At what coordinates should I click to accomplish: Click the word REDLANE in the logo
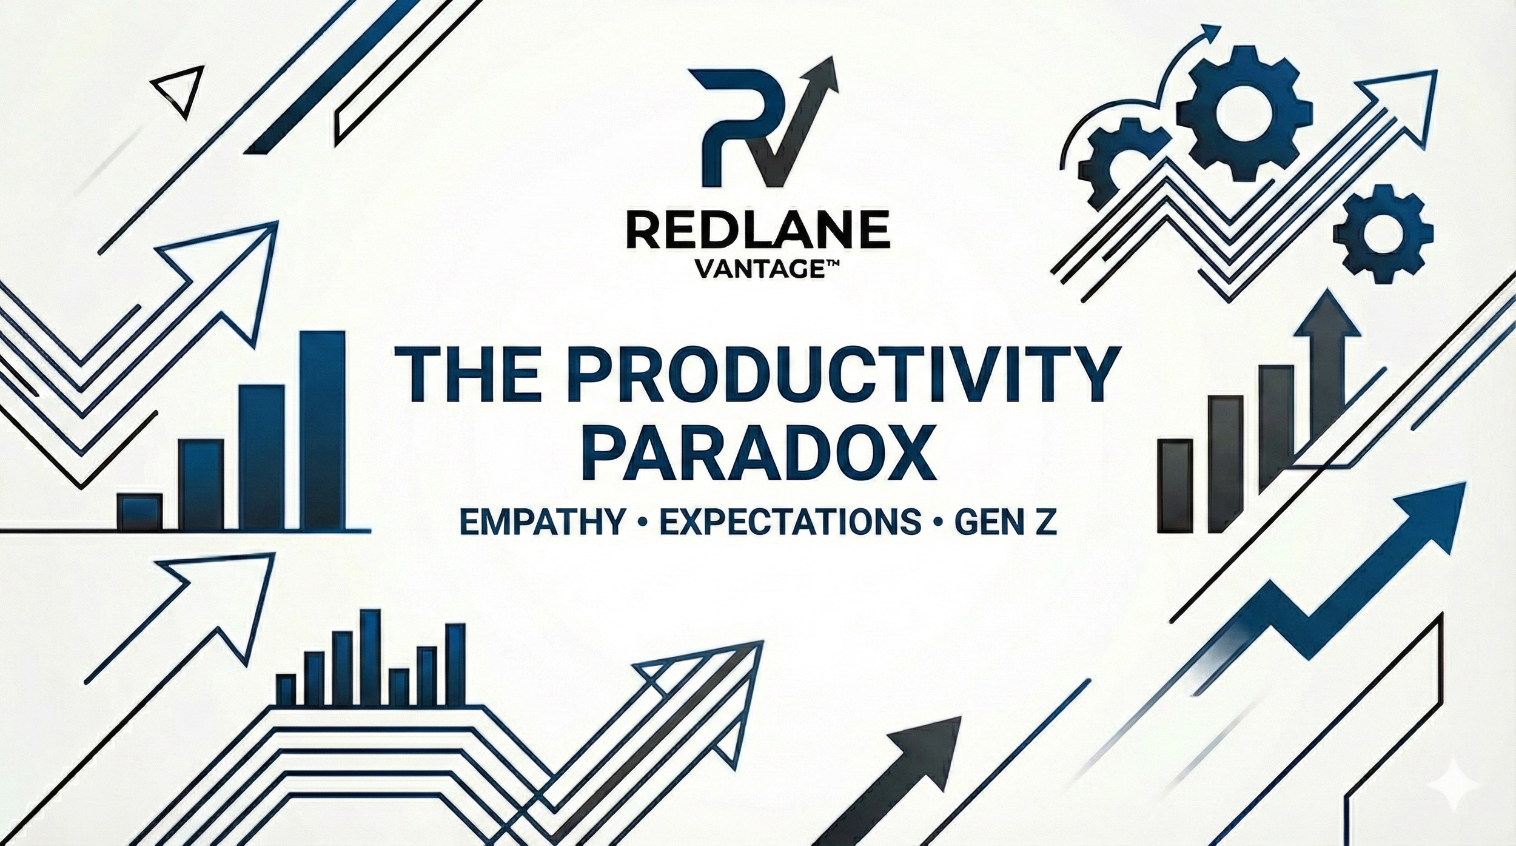coord(757,229)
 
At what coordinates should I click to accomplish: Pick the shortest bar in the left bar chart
coord(139,512)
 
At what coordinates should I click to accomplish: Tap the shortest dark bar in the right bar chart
coord(1175,485)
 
